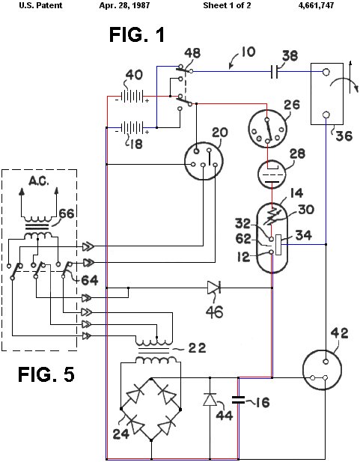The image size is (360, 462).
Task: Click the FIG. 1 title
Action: tap(137, 34)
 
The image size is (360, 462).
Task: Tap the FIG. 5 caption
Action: tap(46, 374)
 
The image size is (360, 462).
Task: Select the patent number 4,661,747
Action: tap(316, 5)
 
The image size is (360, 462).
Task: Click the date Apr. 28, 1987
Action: tap(124, 5)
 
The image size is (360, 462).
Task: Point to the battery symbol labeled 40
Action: tap(132, 97)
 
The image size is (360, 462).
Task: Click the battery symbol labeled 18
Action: tap(132, 127)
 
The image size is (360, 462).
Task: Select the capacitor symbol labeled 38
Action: tap(274, 72)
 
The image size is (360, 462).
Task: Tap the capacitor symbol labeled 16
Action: tap(238, 400)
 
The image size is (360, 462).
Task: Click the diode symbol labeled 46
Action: tap(214, 288)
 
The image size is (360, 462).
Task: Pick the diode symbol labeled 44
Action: tap(210, 399)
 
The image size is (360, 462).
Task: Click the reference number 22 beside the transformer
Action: tap(197, 348)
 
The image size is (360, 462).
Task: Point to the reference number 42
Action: tap(339, 333)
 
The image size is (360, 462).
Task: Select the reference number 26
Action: tap(292, 105)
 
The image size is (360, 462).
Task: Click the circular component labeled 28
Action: tap(272, 174)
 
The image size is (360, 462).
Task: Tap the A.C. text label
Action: tap(39, 181)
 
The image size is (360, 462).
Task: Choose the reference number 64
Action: tap(89, 280)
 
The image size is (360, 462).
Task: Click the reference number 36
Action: tap(344, 136)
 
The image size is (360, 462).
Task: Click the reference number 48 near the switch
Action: tap(192, 53)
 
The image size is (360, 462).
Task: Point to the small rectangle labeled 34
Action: tap(278, 244)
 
